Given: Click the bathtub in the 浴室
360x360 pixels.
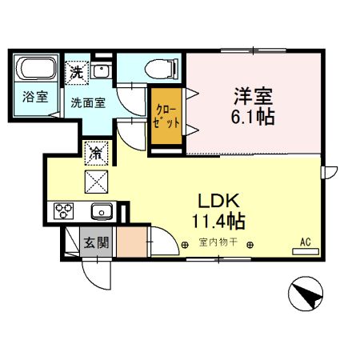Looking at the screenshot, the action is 36,68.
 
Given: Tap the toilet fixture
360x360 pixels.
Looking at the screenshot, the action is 161,69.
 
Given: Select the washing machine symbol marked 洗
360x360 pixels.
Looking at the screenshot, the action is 77,73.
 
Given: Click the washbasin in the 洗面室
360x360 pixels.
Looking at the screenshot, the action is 101,70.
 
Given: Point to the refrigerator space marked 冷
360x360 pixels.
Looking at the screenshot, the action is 96,154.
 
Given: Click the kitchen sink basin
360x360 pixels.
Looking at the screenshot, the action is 102,211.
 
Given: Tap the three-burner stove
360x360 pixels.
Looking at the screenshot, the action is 63,211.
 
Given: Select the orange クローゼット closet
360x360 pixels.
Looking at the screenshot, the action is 166,116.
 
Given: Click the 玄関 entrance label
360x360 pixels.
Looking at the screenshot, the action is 96,242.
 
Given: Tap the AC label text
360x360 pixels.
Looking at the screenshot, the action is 306,242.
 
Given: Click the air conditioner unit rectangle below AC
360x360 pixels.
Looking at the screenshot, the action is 306,251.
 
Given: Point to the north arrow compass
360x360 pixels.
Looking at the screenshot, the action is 306,294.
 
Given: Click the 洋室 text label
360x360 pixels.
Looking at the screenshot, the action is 253,96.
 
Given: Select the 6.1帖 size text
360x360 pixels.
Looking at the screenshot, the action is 253,117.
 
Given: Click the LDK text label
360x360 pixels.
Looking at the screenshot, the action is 218,201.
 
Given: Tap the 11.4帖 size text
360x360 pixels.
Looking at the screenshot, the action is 218,221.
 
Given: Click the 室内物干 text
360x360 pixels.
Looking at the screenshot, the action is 218,242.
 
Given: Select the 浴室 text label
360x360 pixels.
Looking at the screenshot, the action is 35,97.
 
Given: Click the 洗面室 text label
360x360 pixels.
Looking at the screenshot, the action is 88,102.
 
